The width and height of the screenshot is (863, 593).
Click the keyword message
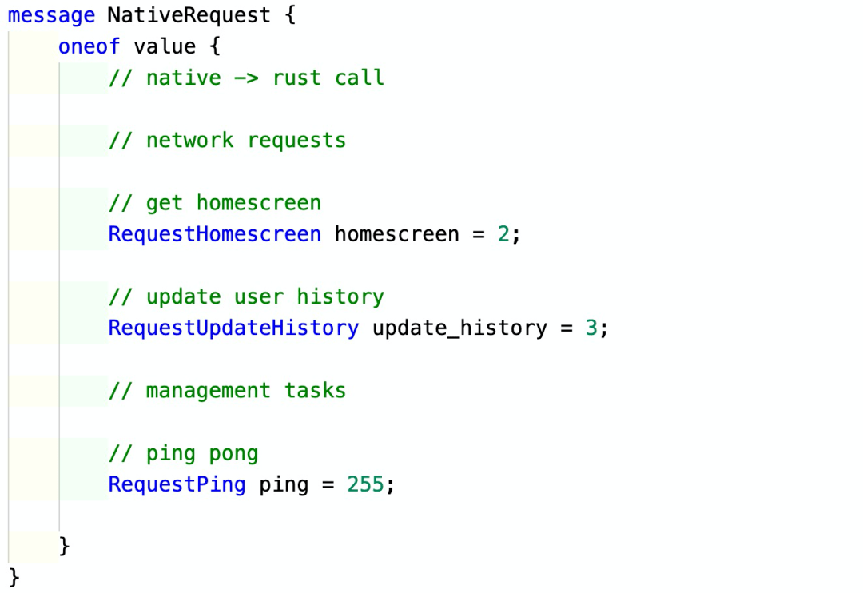click(x=51, y=16)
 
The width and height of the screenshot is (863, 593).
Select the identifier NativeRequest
click(x=189, y=15)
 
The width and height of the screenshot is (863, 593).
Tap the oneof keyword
click(x=89, y=46)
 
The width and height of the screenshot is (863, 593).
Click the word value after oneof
click(x=165, y=46)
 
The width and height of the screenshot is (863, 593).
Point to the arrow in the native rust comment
click(x=246, y=78)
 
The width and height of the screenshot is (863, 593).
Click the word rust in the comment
click(x=296, y=78)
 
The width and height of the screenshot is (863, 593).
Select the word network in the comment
click(x=190, y=141)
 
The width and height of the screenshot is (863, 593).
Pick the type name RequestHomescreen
click(x=215, y=234)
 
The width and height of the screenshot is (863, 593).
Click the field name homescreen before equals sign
click(x=397, y=234)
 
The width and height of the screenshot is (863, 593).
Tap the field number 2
click(x=503, y=234)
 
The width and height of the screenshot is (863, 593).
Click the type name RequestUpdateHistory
click(x=233, y=328)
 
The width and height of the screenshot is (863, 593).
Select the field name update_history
click(x=460, y=328)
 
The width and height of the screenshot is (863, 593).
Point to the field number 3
click(x=591, y=328)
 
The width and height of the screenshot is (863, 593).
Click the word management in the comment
click(x=209, y=390)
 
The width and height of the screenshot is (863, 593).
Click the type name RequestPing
click(x=177, y=484)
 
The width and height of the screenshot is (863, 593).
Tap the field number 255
click(x=365, y=484)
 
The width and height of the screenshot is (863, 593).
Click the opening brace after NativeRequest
click(x=291, y=15)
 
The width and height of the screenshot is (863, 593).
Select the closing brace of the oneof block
click(x=65, y=546)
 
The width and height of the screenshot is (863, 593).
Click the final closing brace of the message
click(x=14, y=578)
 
